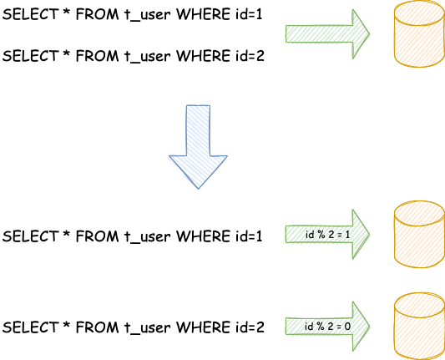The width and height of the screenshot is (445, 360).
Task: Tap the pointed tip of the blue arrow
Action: click(x=198, y=186)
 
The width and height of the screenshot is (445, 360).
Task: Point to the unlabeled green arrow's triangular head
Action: click(x=361, y=33)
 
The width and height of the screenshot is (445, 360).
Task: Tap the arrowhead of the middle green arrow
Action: click(x=361, y=234)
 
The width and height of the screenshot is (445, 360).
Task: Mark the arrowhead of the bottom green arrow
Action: click(x=361, y=325)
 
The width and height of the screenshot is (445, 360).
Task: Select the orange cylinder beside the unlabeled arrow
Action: click(x=417, y=34)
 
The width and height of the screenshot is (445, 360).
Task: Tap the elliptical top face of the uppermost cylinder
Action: click(x=417, y=12)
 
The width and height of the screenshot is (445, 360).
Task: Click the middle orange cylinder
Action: click(x=417, y=235)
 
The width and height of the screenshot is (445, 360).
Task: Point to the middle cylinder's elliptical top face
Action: click(x=417, y=212)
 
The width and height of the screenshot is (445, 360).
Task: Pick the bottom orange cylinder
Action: click(x=417, y=326)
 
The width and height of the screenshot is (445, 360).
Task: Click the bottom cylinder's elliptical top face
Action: click(x=417, y=303)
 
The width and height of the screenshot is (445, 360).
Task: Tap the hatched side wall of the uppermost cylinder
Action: click(x=417, y=43)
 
